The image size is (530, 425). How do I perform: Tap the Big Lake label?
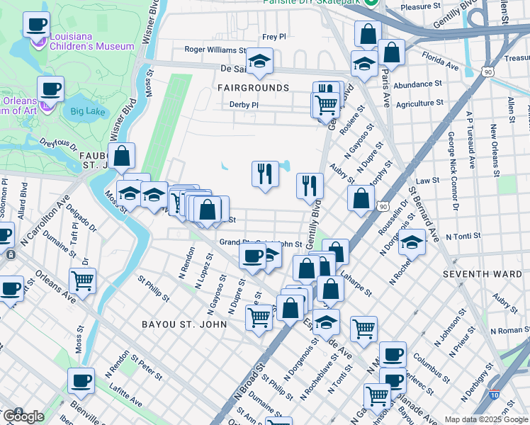[x=87, y=110]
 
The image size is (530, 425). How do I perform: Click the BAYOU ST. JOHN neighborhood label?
[x=184, y=324]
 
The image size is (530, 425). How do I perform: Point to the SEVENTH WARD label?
[x=475, y=273]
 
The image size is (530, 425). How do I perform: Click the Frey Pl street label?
[x=274, y=36]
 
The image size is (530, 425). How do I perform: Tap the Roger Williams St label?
[x=215, y=50]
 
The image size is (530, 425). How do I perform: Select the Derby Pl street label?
[x=244, y=104]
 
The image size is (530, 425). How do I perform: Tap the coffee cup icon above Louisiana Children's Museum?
[x=36, y=24]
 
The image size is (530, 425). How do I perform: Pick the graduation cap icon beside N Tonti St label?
[x=412, y=241]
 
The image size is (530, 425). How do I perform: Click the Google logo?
[x=23, y=416]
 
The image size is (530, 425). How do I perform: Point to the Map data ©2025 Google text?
[x=485, y=419]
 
